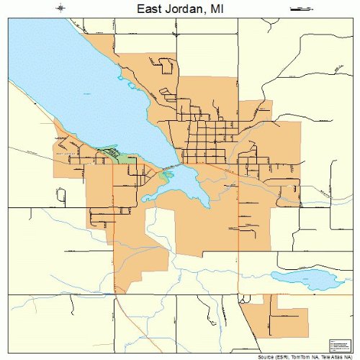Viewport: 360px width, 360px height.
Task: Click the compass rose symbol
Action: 60,9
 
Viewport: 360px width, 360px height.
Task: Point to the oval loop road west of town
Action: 61,194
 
